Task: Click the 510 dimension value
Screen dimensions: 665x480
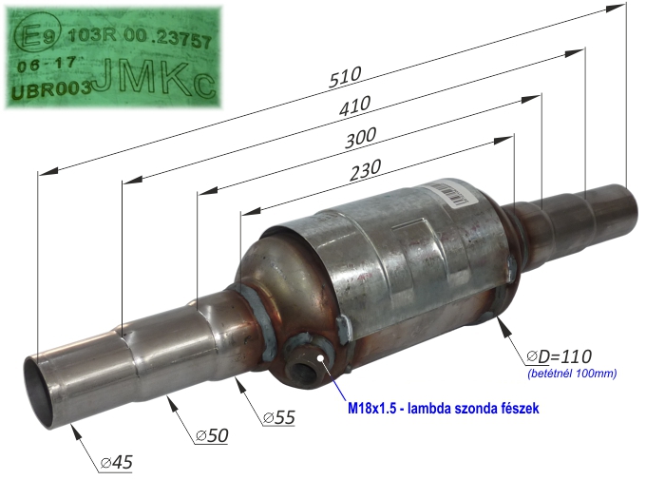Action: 345,77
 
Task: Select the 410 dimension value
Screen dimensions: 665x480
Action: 355,106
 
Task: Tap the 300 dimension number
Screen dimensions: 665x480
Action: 360,138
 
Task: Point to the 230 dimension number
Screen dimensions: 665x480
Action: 366,169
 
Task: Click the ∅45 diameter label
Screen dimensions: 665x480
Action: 116,462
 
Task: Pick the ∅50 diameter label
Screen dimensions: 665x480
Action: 212,435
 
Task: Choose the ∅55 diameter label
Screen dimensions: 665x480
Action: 278,417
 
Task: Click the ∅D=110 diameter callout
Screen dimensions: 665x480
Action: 559,356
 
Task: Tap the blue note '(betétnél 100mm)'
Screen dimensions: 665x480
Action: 572,374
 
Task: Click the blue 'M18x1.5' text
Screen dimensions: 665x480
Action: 372,409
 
